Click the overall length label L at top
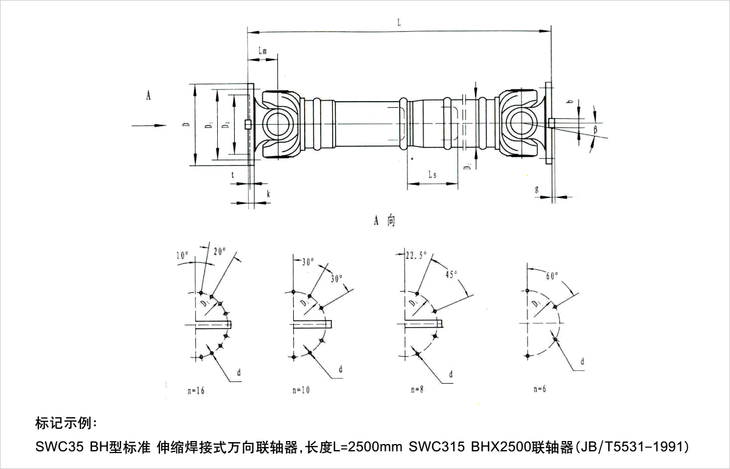click(398, 22)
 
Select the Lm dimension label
click(263, 52)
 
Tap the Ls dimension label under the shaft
click(431, 174)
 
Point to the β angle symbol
click(596, 130)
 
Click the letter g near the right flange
click(537, 189)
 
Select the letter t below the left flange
click(233, 174)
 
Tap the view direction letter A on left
click(148, 95)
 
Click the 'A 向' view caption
click(384, 220)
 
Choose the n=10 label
click(301, 390)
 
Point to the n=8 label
click(417, 389)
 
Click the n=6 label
click(538, 389)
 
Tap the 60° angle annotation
click(552, 276)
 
